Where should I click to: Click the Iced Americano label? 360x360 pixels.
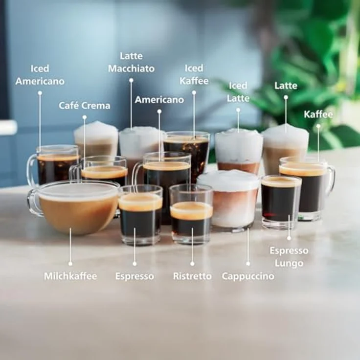click(40, 75)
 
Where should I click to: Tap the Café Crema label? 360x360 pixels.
click(85, 105)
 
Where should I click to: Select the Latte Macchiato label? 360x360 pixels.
click(131, 62)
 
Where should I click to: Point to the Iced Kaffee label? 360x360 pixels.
click(194, 74)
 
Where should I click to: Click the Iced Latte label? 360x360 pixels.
click(238, 91)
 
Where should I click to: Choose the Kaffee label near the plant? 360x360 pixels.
click(318, 114)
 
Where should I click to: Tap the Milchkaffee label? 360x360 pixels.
click(70, 276)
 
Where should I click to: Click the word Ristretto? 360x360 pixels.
click(192, 276)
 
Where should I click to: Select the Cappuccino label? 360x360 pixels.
click(247, 276)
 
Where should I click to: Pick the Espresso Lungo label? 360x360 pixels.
click(289, 257)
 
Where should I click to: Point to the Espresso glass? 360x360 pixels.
click(140, 215)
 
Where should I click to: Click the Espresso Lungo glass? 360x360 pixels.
click(281, 202)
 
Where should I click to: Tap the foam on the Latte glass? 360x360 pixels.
click(285, 136)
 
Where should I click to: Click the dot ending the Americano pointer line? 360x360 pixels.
click(159, 111)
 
